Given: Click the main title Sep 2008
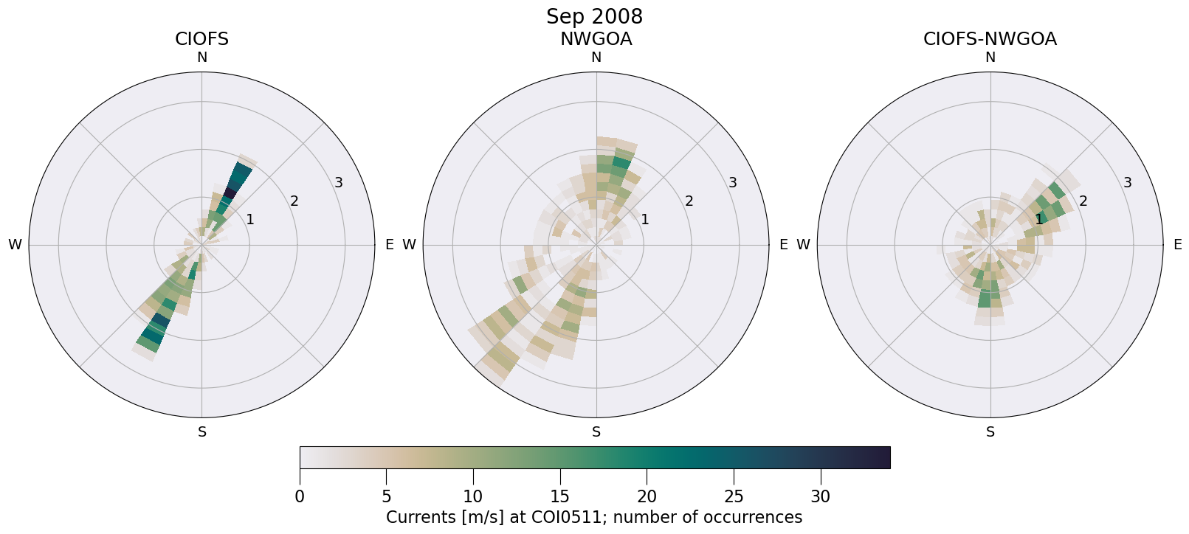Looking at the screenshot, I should [594, 16].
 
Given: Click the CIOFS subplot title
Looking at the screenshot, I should [201, 39].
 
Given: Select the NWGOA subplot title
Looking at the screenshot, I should [596, 39].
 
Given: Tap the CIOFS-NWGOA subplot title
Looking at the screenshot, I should [990, 39].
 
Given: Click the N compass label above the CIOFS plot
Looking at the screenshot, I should [201, 58].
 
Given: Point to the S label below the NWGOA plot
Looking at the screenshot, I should [596, 432].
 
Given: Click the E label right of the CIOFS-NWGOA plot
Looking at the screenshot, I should [1177, 245].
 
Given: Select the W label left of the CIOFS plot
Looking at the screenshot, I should [15, 245].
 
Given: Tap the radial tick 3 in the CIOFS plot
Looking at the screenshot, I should [338, 182].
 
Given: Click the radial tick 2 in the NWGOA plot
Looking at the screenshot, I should [689, 201].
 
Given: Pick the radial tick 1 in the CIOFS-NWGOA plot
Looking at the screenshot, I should [1038, 219].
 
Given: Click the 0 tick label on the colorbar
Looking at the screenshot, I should [300, 497].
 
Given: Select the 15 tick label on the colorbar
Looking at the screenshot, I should [560, 497].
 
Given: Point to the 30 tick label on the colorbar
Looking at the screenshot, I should [821, 497].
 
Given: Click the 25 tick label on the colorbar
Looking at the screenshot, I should [734, 497].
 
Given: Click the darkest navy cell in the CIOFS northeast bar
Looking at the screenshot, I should [230, 194].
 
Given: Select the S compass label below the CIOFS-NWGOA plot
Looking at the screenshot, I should [990, 432].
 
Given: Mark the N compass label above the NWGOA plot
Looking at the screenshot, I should [596, 58].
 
